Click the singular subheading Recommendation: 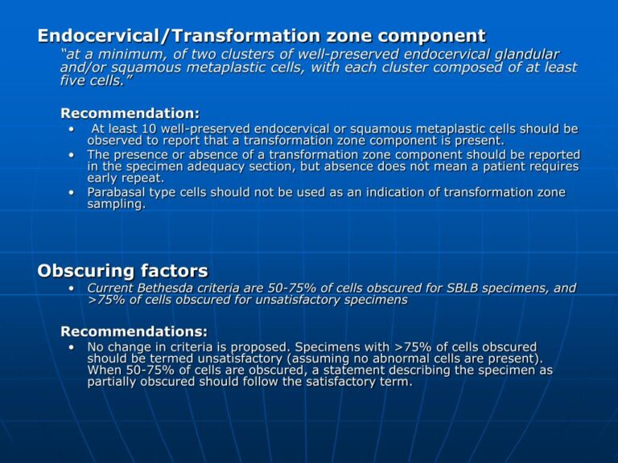130,113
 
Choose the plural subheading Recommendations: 134,331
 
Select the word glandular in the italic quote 521,54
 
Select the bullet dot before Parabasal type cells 72,193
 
